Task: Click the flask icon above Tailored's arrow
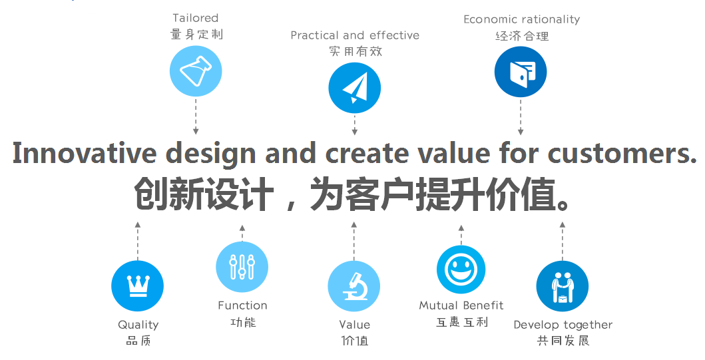[x=196, y=71]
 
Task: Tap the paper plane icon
[x=354, y=88]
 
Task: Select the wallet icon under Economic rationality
[x=521, y=72]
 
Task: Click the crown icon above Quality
[x=137, y=286]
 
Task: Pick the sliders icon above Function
[x=242, y=267]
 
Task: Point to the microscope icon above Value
[x=354, y=286]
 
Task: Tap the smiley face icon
[x=461, y=270]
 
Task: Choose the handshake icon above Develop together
[x=562, y=286]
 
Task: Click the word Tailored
[x=196, y=18]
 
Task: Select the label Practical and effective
[x=355, y=35]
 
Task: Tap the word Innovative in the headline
[x=84, y=153]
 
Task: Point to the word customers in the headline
[x=622, y=153]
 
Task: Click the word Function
[x=242, y=305]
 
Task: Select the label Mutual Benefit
[x=461, y=305]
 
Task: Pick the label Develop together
[x=563, y=325]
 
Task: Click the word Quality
[x=138, y=325]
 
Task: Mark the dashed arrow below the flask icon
[x=196, y=116]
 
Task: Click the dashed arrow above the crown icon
[x=138, y=240]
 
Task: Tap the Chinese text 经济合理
[x=522, y=36]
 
